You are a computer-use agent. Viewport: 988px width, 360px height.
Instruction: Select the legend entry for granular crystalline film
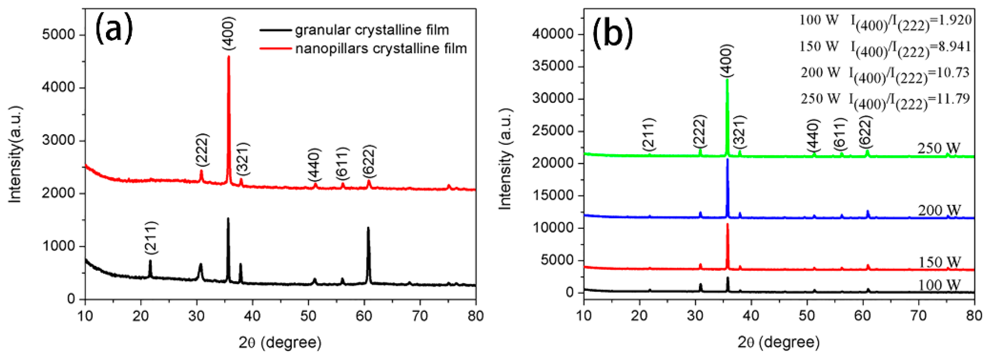(x=372, y=30)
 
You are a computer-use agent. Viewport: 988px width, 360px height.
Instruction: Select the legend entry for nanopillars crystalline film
(x=381, y=49)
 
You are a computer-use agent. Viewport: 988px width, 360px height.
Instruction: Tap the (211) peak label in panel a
(x=151, y=238)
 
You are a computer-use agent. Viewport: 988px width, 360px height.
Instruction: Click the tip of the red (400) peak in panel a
(x=229, y=57)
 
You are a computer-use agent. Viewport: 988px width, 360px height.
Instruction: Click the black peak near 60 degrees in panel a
(x=368, y=229)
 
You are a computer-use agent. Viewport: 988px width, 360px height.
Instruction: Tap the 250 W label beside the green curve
(x=938, y=148)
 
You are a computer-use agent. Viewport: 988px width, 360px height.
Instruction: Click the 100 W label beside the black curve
(x=939, y=285)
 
